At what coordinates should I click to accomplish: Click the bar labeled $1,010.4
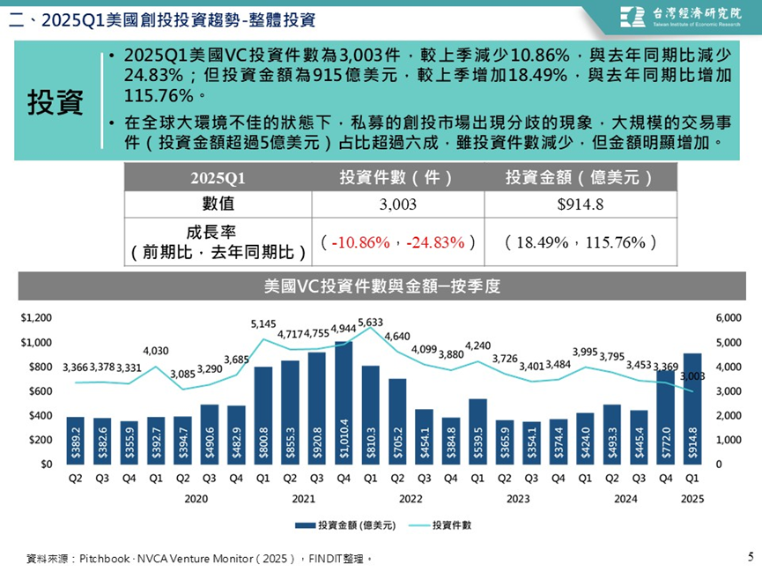344,402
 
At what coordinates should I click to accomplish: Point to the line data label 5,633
371,322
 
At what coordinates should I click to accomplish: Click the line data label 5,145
263,324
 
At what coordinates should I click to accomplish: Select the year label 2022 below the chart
411,498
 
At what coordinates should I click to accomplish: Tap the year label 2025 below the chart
692,498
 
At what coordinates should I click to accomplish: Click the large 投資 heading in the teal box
55,102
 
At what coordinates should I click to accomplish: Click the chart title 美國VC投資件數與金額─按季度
381,286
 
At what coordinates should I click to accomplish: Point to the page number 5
750,556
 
